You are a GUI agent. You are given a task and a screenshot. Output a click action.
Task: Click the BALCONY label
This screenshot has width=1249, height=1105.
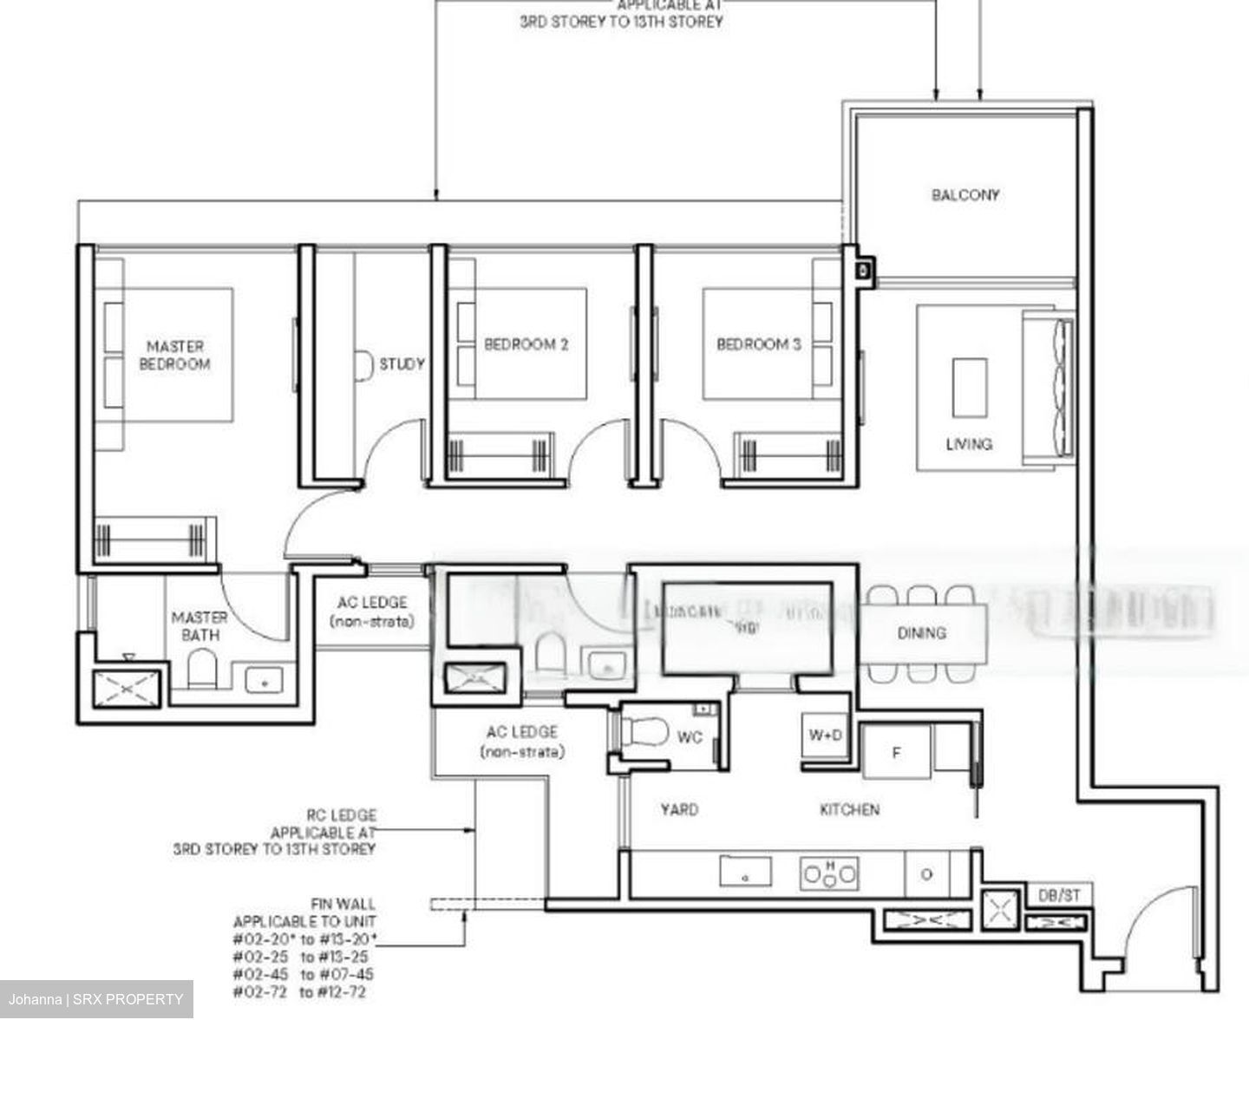tap(965, 195)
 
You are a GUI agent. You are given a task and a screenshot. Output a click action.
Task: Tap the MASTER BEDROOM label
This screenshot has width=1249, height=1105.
tap(174, 356)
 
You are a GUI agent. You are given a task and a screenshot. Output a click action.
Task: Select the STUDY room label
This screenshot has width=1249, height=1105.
tap(402, 364)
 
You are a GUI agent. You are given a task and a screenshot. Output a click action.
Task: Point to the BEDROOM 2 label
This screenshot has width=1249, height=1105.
tap(526, 344)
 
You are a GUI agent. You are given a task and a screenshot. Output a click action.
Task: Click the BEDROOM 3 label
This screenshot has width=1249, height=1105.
tap(758, 344)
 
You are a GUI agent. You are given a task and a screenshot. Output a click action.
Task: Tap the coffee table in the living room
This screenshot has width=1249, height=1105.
tap(969, 388)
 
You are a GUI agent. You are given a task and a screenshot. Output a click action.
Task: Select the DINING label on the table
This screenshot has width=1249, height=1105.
tap(921, 633)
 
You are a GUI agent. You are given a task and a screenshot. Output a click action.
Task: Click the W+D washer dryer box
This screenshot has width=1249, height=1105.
tap(825, 736)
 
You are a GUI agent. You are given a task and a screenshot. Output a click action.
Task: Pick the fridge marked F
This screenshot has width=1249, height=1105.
tap(896, 752)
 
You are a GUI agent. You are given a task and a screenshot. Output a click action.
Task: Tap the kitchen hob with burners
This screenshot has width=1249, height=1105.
tap(828, 873)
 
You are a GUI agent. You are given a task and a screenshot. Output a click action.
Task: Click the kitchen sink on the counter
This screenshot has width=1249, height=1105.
tap(745, 872)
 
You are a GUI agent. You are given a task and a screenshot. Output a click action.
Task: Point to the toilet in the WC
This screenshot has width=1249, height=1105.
tap(644, 734)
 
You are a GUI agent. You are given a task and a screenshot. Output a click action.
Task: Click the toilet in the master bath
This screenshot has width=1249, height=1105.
tap(202, 669)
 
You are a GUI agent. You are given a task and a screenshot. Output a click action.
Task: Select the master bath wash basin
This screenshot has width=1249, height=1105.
tap(264, 681)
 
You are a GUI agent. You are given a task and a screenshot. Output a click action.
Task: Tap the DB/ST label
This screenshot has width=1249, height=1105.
tap(1058, 895)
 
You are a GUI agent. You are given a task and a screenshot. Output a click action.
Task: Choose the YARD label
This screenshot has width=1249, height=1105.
tap(678, 809)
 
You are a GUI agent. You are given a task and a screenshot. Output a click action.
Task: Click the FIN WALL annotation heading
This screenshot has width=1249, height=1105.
tap(343, 904)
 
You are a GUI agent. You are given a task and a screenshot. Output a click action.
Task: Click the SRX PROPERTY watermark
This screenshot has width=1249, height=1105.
tap(96, 999)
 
